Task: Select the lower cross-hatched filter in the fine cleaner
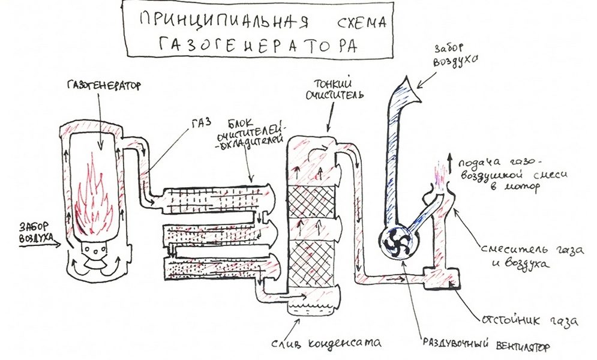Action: pos(311,260)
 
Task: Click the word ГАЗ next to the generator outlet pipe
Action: pos(200,122)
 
